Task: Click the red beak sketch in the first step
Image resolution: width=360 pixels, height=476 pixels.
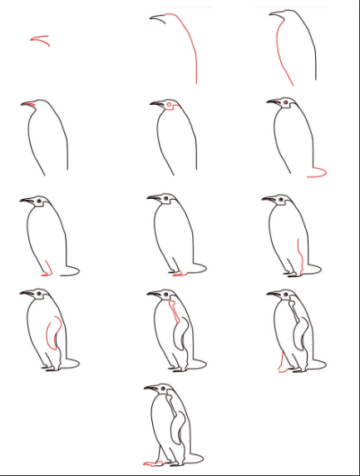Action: [39, 39]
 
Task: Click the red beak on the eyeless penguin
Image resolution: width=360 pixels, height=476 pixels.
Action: [29, 104]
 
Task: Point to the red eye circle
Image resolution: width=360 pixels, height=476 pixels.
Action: [169, 105]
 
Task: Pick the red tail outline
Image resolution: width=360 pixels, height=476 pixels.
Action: [317, 173]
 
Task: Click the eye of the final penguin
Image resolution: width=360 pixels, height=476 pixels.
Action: [163, 389]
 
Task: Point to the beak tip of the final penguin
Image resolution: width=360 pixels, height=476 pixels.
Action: [145, 388]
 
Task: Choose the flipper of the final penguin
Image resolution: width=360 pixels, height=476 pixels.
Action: [177, 429]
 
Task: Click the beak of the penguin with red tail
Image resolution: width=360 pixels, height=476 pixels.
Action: [274, 102]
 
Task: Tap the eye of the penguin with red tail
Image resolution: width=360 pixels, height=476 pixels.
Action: [286, 103]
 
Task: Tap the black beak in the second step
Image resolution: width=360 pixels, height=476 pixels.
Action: [156, 18]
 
